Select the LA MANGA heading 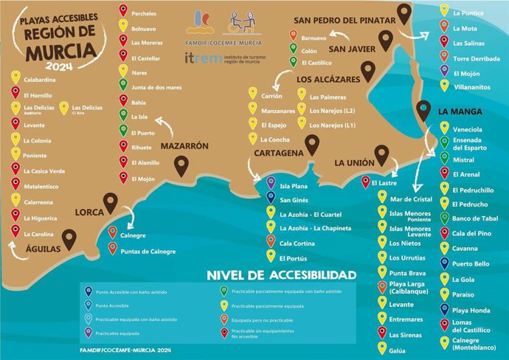[x=460, y=112]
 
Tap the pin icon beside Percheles [x=122, y=12]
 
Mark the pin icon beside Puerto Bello [x=443, y=264]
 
